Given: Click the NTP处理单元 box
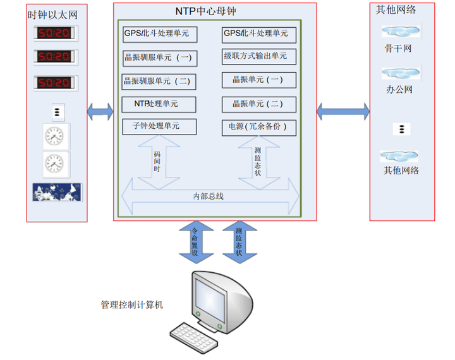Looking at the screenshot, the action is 159,104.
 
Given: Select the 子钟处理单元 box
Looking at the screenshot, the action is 159,126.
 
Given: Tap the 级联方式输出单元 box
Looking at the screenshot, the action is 259,56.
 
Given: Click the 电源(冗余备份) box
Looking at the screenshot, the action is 259,128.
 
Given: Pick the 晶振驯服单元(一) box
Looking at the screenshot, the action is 160,58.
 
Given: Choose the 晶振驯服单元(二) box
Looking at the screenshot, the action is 159,82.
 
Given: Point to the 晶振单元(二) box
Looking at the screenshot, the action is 259,104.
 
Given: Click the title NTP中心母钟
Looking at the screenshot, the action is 205,11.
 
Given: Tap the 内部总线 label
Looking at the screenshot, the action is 208,196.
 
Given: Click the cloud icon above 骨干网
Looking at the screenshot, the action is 401,31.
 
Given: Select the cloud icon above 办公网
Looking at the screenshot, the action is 401,73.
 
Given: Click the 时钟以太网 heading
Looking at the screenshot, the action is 53,15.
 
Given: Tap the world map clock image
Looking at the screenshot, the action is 57,192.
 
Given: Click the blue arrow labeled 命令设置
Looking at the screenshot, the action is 197,242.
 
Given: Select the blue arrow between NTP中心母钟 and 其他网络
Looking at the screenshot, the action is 343,111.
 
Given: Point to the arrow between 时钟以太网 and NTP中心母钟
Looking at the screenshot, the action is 100,111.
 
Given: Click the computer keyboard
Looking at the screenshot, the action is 194,338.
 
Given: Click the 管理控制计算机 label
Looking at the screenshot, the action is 131,304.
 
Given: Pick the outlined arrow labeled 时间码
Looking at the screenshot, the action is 159,162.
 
